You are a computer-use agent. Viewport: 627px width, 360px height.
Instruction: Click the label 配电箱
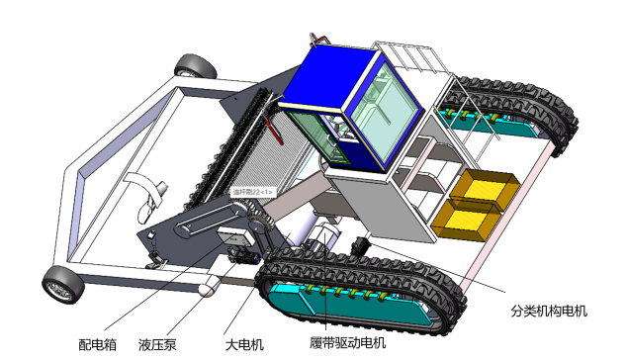pos(98,345)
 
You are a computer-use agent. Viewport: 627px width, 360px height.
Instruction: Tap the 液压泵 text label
pos(157,345)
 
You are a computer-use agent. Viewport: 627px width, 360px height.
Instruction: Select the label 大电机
pos(243,344)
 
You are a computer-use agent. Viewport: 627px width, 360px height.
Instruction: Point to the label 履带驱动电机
pos(346,344)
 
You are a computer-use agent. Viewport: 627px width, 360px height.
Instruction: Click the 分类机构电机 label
pos(549,311)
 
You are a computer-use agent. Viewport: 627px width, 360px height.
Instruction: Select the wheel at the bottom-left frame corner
pos(61,286)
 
